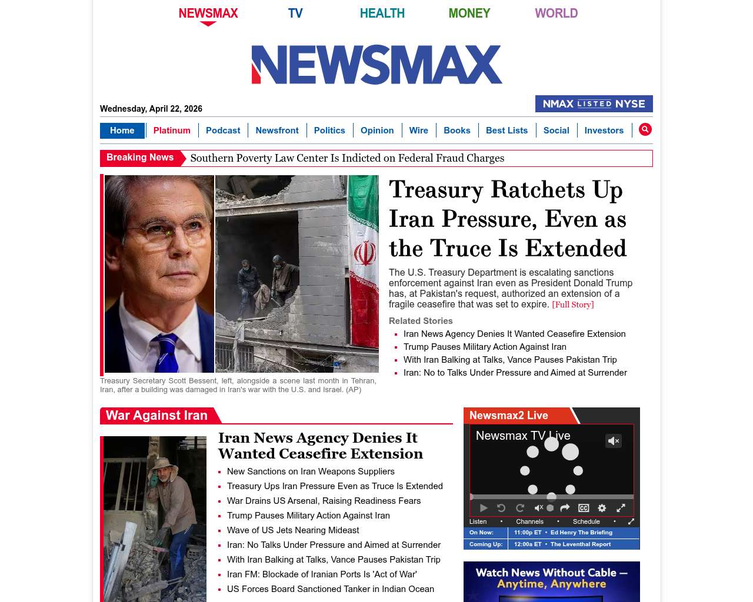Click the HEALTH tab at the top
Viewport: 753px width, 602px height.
tap(382, 13)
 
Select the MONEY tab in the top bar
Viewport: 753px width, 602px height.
tap(469, 13)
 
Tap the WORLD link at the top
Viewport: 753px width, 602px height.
tap(556, 13)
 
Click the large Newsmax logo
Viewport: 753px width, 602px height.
tap(376, 65)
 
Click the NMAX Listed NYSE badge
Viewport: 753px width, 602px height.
tap(594, 104)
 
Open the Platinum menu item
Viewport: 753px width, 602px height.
tap(172, 131)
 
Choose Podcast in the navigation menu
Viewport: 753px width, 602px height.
tap(223, 131)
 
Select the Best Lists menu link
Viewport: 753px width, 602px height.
tap(507, 131)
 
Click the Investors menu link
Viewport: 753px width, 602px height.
tap(604, 131)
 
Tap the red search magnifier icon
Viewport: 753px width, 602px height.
tap(645, 129)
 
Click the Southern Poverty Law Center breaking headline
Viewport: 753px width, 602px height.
tap(347, 158)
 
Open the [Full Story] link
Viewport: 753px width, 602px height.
tap(572, 305)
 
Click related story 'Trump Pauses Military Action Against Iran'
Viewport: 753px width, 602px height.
tap(485, 347)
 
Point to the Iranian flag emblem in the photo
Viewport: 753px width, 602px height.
tap(365, 254)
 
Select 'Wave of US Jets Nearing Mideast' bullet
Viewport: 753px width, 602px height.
tap(293, 530)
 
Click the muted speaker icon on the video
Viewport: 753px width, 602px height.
tap(614, 441)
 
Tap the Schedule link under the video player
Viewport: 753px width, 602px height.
tap(586, 521)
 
